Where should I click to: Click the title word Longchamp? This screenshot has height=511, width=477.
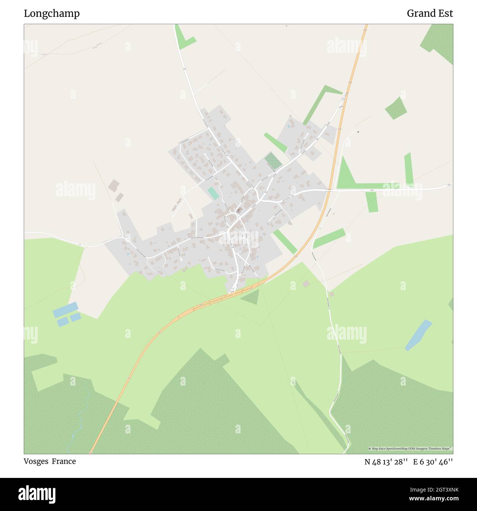[52, 14]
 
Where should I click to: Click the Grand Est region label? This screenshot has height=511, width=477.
[430, 14]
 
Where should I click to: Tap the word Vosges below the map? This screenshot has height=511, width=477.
[36, 461]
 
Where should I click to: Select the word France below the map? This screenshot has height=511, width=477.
[63, 461]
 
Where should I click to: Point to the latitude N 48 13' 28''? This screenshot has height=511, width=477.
[386, 462]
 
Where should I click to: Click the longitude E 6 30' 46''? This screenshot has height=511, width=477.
[433, 462]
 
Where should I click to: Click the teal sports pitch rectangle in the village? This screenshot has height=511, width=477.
[212, 193]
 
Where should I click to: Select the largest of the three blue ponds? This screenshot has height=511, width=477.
[66, 310]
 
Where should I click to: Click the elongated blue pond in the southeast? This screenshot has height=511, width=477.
[418, 335]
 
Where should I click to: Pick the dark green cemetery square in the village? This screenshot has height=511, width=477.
[273, 161]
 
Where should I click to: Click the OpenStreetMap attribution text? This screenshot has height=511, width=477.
[410, 449]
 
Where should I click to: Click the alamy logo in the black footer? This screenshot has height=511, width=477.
[37, 494]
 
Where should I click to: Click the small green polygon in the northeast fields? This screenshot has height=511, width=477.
[396, 108]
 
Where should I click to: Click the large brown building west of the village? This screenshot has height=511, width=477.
[114, 185]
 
